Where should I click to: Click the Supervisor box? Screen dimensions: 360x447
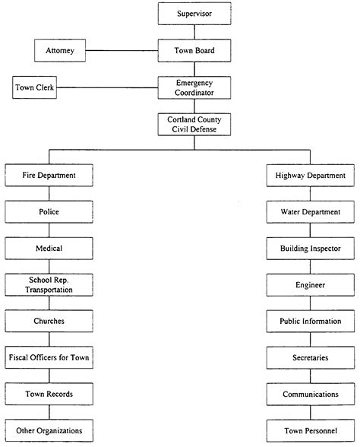click(x=194, y=14)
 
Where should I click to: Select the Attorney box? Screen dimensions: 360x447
click(x=60, y=50)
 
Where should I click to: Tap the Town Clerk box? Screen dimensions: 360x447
click(x=34, y=87)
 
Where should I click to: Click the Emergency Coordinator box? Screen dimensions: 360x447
click(x=194, y=87)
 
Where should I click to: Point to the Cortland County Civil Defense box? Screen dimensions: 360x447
click(x=194, y=125)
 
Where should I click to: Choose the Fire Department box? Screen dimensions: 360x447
click(x=49, y=175)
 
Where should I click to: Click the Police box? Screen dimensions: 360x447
click(x=49, y=212)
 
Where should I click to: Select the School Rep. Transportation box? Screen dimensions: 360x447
click(x=49, y=285)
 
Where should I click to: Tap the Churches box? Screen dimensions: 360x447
click(x=49, y=321)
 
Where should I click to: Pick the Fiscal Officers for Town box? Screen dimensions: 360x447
click(x=49, y=357)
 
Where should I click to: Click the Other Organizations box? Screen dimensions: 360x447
click(x=49, y=430)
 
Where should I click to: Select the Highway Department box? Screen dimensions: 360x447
click(x=311, y=176)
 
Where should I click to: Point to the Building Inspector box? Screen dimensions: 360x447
click(x=311, y=249)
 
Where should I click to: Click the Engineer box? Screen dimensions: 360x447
click(x=311, y=285)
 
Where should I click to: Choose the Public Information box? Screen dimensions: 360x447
click(x=311, y=322)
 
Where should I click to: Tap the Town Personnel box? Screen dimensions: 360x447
click(x=311, y=431)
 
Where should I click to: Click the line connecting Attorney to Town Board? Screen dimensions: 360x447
click(x=122, y=51)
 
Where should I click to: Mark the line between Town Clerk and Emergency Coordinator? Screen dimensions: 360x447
click(x=107, y=87)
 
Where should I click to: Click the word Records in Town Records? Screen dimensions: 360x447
click(x=59, y=394)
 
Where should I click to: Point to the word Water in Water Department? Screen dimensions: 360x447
click(x=290, y=212)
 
